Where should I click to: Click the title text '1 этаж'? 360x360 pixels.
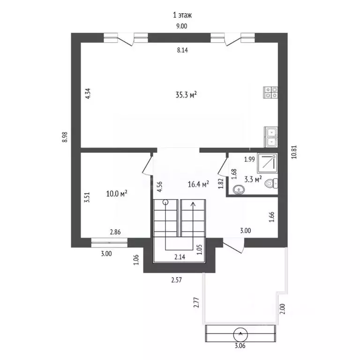point(182,15)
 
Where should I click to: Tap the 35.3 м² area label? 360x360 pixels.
point(186,95)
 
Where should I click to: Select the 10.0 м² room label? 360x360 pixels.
point(117,194)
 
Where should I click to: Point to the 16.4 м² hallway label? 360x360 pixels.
point(198,184)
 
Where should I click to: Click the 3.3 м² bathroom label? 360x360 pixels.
point(253,179)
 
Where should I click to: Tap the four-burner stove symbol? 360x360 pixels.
point(270,92)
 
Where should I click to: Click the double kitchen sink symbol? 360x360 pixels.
point(271,137)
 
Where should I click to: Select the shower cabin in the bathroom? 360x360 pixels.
point(267,164)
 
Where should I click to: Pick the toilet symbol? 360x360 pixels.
point(271,183)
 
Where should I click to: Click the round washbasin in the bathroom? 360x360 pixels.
point(239,190)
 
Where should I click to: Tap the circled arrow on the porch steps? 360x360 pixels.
point(240,335)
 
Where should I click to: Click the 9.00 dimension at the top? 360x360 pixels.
point(181,26)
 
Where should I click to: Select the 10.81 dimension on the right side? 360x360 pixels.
point(294,152)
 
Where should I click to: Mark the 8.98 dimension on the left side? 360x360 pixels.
point(65,137)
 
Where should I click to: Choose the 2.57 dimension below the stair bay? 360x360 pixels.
point(176,280)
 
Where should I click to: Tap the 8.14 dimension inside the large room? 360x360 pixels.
point(182,50)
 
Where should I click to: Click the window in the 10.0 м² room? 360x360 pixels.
point(109,242)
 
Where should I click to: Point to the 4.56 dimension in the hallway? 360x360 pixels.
point(159,187)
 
